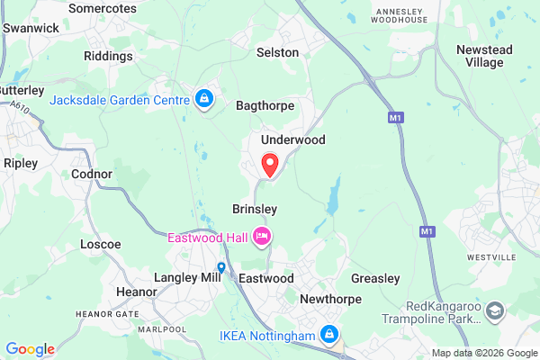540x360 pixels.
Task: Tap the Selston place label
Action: coord(277,52)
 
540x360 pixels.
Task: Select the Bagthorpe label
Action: coord(265,105)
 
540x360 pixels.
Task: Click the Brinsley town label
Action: coord(255,208)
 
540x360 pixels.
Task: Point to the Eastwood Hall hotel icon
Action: coord(262,237)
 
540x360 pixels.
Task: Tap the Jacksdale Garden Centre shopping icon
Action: coord(204,98)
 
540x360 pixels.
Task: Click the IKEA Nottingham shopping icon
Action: coord(329,337)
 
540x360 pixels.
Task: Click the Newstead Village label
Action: coord(487,56)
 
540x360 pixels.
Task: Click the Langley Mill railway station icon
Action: coord(221,267)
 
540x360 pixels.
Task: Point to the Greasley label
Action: coord(374,278)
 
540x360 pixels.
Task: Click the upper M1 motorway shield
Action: coord(396,117)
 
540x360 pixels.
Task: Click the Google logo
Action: coord(30,349)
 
